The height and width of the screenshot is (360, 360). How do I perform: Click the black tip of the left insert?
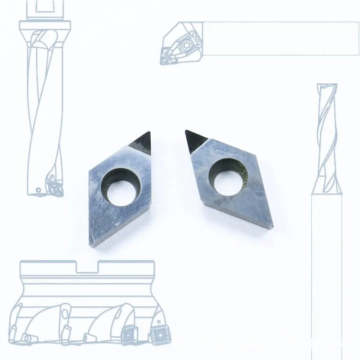142,143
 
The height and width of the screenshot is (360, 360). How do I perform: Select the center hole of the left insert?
120,185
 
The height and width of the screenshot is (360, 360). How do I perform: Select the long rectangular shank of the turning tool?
279,38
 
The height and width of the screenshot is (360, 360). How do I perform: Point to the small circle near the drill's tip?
38,190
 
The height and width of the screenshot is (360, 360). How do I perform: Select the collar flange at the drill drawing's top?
45,25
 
